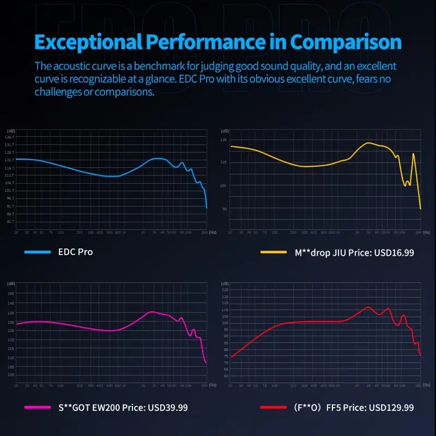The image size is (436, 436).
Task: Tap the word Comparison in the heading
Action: [x=346, y=42]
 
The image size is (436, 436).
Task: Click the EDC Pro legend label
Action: [x=75, y=252]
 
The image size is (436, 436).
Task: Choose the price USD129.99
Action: [x=391, y=407]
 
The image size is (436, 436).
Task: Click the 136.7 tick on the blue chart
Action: [x=9, y=137]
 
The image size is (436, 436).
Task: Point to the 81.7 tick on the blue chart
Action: [x=9, y=222]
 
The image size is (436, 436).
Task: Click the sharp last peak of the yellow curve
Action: [x=414, y=154]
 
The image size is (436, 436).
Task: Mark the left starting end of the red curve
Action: [x=231, y=358]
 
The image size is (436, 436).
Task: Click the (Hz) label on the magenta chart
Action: [x=212, y=385]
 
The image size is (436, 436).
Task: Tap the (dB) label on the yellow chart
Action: [x=224, y=131]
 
